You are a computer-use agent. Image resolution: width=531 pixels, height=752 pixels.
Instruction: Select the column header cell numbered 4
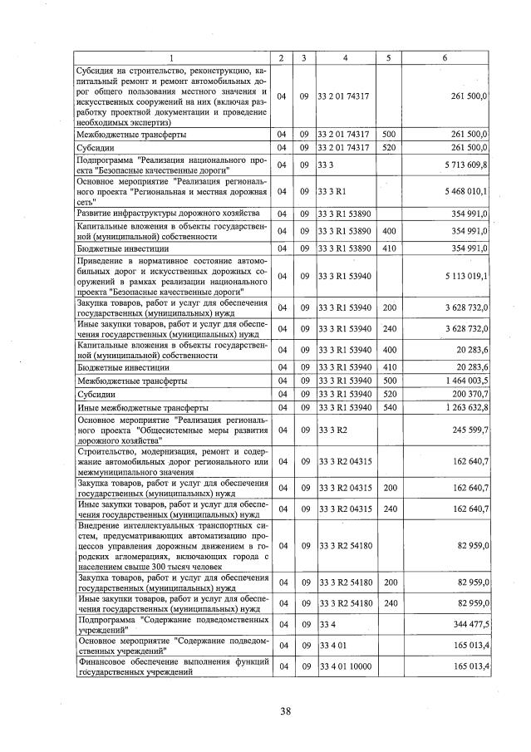344,57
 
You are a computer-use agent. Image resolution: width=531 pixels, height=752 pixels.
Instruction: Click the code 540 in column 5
388,408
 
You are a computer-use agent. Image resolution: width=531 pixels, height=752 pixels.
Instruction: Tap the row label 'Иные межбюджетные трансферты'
141,408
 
